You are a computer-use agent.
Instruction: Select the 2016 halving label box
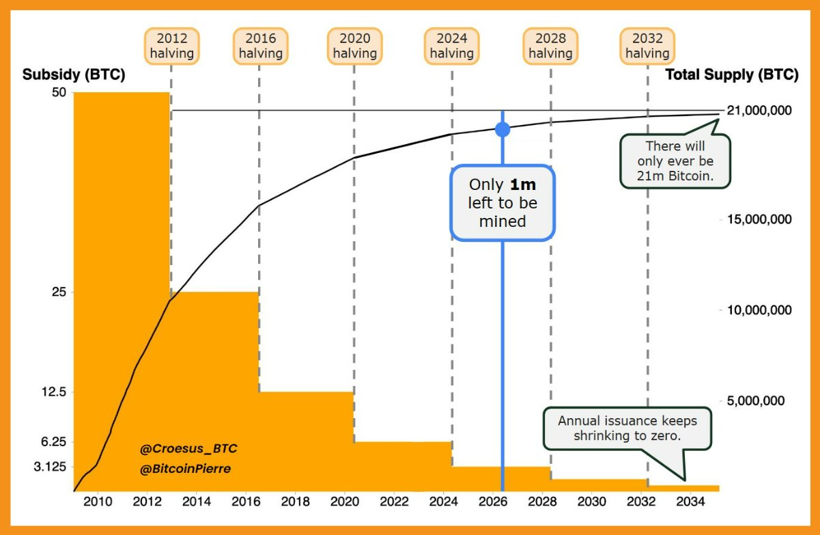click(260, 45)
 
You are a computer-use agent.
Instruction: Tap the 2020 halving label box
click(355, 45)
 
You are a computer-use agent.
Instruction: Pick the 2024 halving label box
click(451, 45)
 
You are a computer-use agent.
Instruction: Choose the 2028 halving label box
click(550, 45)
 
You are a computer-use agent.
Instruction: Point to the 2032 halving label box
click(647, 45)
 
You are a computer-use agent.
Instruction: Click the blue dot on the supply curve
click(503, 129)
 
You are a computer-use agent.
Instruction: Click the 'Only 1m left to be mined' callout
click(503, 203)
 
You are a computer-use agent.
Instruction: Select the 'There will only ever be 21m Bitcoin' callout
click(675, 161)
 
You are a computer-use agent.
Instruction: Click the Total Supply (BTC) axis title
click(732, 75)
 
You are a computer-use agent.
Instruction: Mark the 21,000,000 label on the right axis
click(760, 111)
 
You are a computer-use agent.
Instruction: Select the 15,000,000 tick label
click(760, 220)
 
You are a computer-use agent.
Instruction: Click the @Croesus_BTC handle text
click(188, 449)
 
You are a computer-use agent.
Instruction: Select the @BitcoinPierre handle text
click(186, 470)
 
